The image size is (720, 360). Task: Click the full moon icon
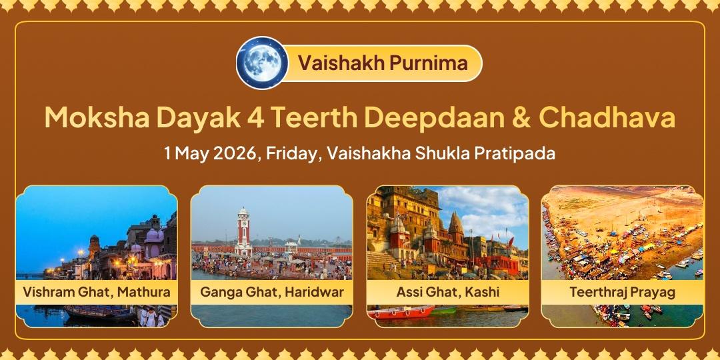coord(262,63)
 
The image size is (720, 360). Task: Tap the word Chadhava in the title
coord(607,118)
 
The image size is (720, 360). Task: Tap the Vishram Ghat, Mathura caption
coord(97,292)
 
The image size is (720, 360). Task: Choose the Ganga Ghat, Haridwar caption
coord(272,292)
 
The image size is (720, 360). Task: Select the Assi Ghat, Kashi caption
coord(448,292)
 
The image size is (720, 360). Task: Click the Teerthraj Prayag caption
coord(622,292)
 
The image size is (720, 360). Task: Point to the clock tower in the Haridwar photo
coord(243,230)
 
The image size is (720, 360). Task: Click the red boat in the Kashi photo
coord(400,313)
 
